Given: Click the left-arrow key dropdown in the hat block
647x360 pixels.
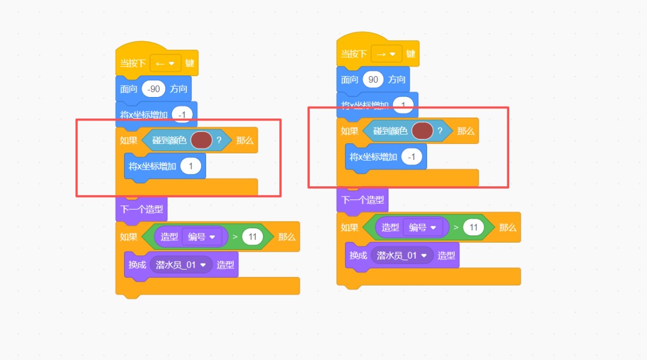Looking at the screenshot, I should coord(165,63).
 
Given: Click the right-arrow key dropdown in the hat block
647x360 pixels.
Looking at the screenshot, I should coord(386,54).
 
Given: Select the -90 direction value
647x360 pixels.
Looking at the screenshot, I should coord(154,89).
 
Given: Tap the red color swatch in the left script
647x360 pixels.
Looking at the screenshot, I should coord(201,140).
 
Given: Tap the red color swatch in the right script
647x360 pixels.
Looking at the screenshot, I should coord(422,131).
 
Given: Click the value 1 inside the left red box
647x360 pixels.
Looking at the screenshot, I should coord(191,166).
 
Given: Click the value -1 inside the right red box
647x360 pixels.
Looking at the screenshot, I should coord(411,157).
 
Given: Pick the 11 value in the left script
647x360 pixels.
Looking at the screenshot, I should coord(252,237).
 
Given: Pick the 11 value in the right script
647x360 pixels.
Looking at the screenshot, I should coord(473,228).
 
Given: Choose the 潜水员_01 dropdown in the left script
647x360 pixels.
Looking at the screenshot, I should coord(181,264).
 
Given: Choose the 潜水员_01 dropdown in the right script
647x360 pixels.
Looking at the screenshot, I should coord(402,255).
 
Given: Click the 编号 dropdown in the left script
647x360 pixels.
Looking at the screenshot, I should coord(201,237).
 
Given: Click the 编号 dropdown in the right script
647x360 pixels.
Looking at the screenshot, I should coord(422,228).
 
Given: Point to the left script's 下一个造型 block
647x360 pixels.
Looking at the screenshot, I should coord(141,210).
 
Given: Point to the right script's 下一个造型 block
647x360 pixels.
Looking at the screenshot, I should coord(362,200).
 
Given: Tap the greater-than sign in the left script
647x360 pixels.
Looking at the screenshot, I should coord(235,237).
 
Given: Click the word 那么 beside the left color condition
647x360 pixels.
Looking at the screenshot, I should coord(244,140).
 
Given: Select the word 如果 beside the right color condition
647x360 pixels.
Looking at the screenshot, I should coord(350,131).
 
